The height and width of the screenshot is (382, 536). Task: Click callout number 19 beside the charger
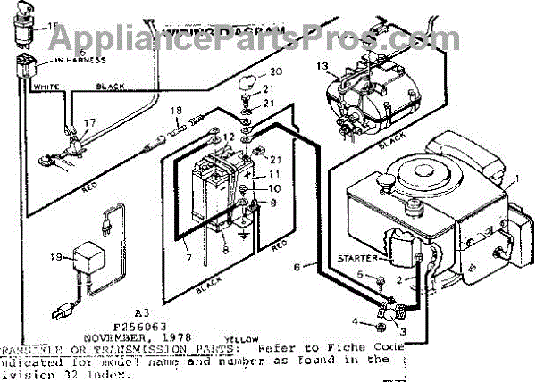click(55, 258)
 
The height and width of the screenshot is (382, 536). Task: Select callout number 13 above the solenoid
click(323, 65)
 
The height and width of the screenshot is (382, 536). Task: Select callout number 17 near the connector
click(88, 123)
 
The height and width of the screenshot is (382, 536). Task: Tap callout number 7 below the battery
click(188, 259)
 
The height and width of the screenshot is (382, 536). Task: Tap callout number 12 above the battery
click(229, 137)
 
